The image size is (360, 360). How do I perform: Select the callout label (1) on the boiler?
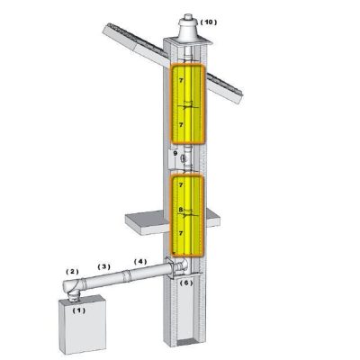(78, 310)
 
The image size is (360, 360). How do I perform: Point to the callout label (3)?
(104, 266)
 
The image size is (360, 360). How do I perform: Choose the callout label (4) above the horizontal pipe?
(140, 261)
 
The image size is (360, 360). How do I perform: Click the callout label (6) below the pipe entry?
(185, 283)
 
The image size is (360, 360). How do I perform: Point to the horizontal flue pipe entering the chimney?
(126, 276)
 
